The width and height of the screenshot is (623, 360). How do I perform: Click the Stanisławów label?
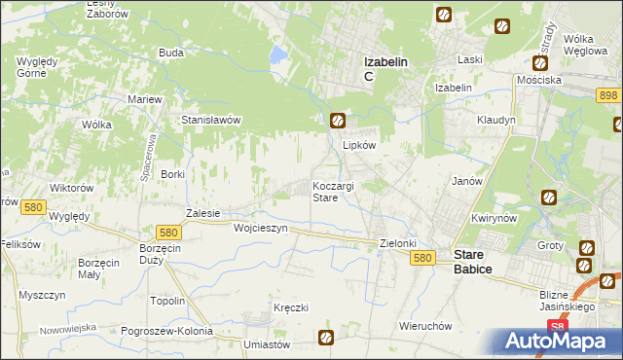(211, 120)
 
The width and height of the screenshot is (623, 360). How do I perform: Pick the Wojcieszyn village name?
(261, 228)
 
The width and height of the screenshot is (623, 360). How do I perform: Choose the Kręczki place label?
(291, 307)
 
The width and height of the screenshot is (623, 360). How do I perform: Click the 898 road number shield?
(609, 94)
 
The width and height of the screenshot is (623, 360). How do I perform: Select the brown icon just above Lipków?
(337, 121)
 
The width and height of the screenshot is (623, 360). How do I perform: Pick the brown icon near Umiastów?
(326, 338)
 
